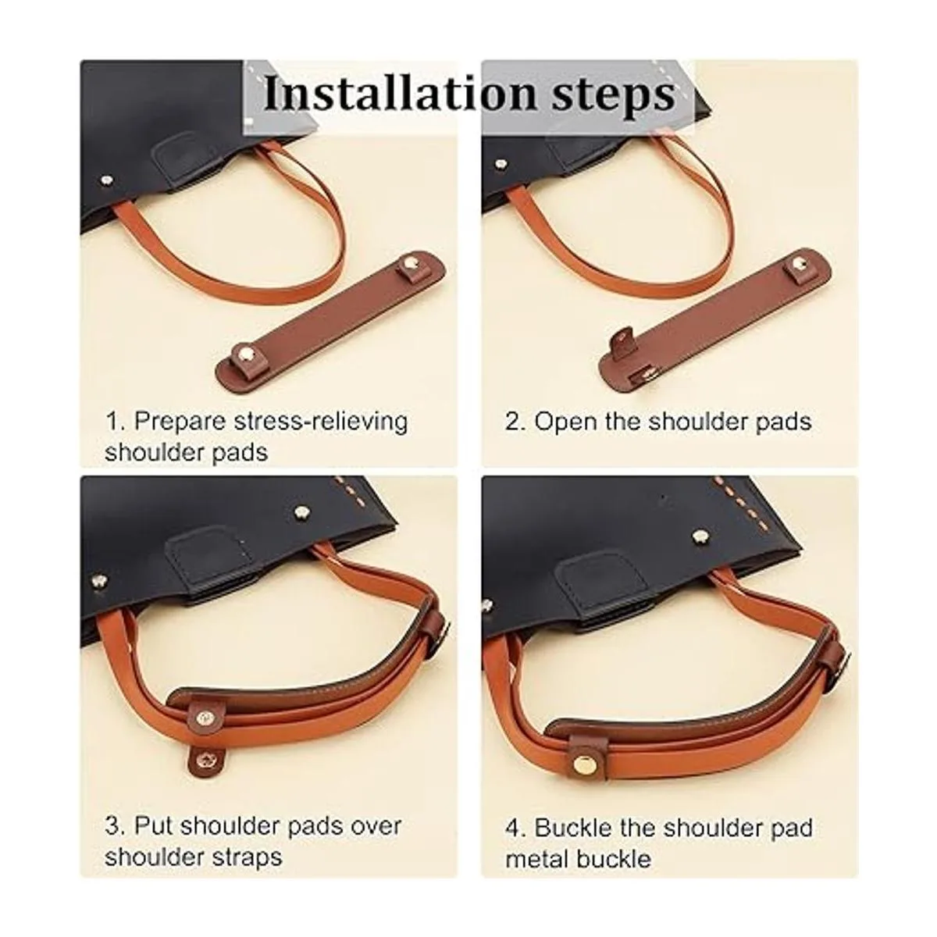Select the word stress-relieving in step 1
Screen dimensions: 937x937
[x=320, y=421]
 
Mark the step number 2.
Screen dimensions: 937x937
[x=515, y=422]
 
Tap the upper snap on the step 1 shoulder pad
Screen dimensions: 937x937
[x=411, y=266]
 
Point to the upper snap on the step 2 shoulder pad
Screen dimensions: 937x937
[x=798, y=265]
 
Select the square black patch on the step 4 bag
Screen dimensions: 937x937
[x=603, y=577]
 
